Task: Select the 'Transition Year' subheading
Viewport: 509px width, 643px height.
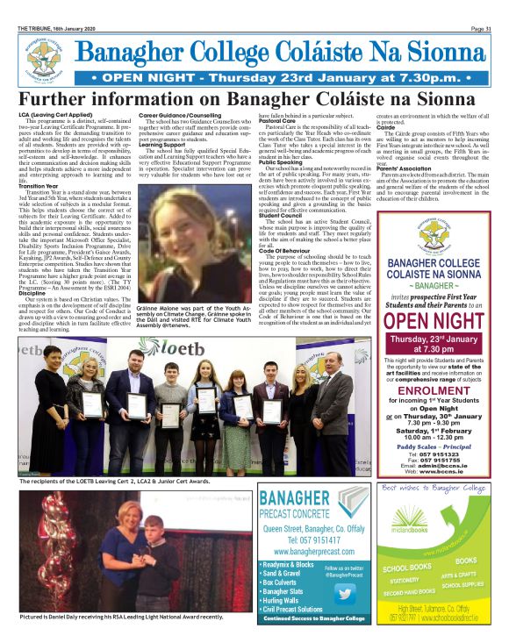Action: coord(39,186)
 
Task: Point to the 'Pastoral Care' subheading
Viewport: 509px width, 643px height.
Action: coord(276,120)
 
